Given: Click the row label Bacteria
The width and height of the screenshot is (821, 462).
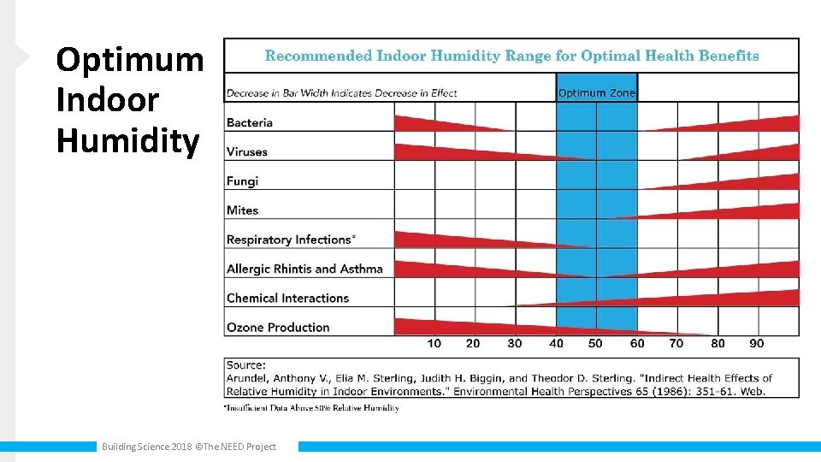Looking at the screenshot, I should pos(250,122).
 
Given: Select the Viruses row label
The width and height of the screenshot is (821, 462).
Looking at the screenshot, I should pos(247,151).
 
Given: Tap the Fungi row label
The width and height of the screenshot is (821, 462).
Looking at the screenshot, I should pos(242,181).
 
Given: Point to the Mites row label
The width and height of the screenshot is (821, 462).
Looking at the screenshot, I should pos(242,210).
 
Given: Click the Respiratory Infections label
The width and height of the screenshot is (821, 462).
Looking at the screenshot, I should pos(291,240).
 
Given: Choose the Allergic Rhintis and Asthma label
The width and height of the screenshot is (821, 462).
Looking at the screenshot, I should pos(304,269).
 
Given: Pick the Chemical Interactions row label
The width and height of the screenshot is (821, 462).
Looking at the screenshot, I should pos(287,298).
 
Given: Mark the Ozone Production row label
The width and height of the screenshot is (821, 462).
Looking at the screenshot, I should pos(278,327).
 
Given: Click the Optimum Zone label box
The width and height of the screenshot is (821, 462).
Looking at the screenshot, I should pos(597,92).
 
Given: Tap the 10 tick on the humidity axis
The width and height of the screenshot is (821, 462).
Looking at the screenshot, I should pos(434,343).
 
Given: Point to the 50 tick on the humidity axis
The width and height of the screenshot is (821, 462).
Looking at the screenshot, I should pos(595,343).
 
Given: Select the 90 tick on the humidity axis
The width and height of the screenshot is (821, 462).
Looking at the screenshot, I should pos(757,343).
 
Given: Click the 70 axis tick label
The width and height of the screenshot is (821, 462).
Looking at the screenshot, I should pos(676,343).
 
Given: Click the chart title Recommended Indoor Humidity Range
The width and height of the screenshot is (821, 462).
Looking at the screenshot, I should pos(511,56).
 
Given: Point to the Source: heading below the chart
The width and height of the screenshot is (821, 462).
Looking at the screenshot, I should pos(246,364).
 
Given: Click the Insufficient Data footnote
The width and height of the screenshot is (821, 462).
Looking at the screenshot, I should pos(312,408).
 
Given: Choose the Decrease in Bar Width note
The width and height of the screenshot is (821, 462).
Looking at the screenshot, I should pos(342,92).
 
